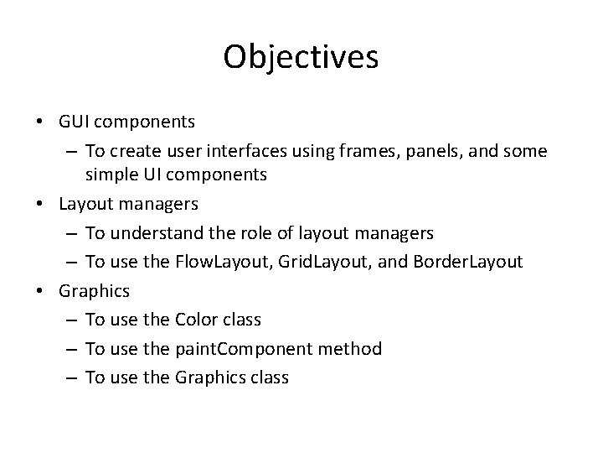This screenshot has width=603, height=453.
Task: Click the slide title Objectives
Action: click(301, 58)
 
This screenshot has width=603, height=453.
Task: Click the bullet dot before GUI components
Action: click(41, 122)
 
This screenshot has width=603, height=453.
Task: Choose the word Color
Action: click(198, 320)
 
